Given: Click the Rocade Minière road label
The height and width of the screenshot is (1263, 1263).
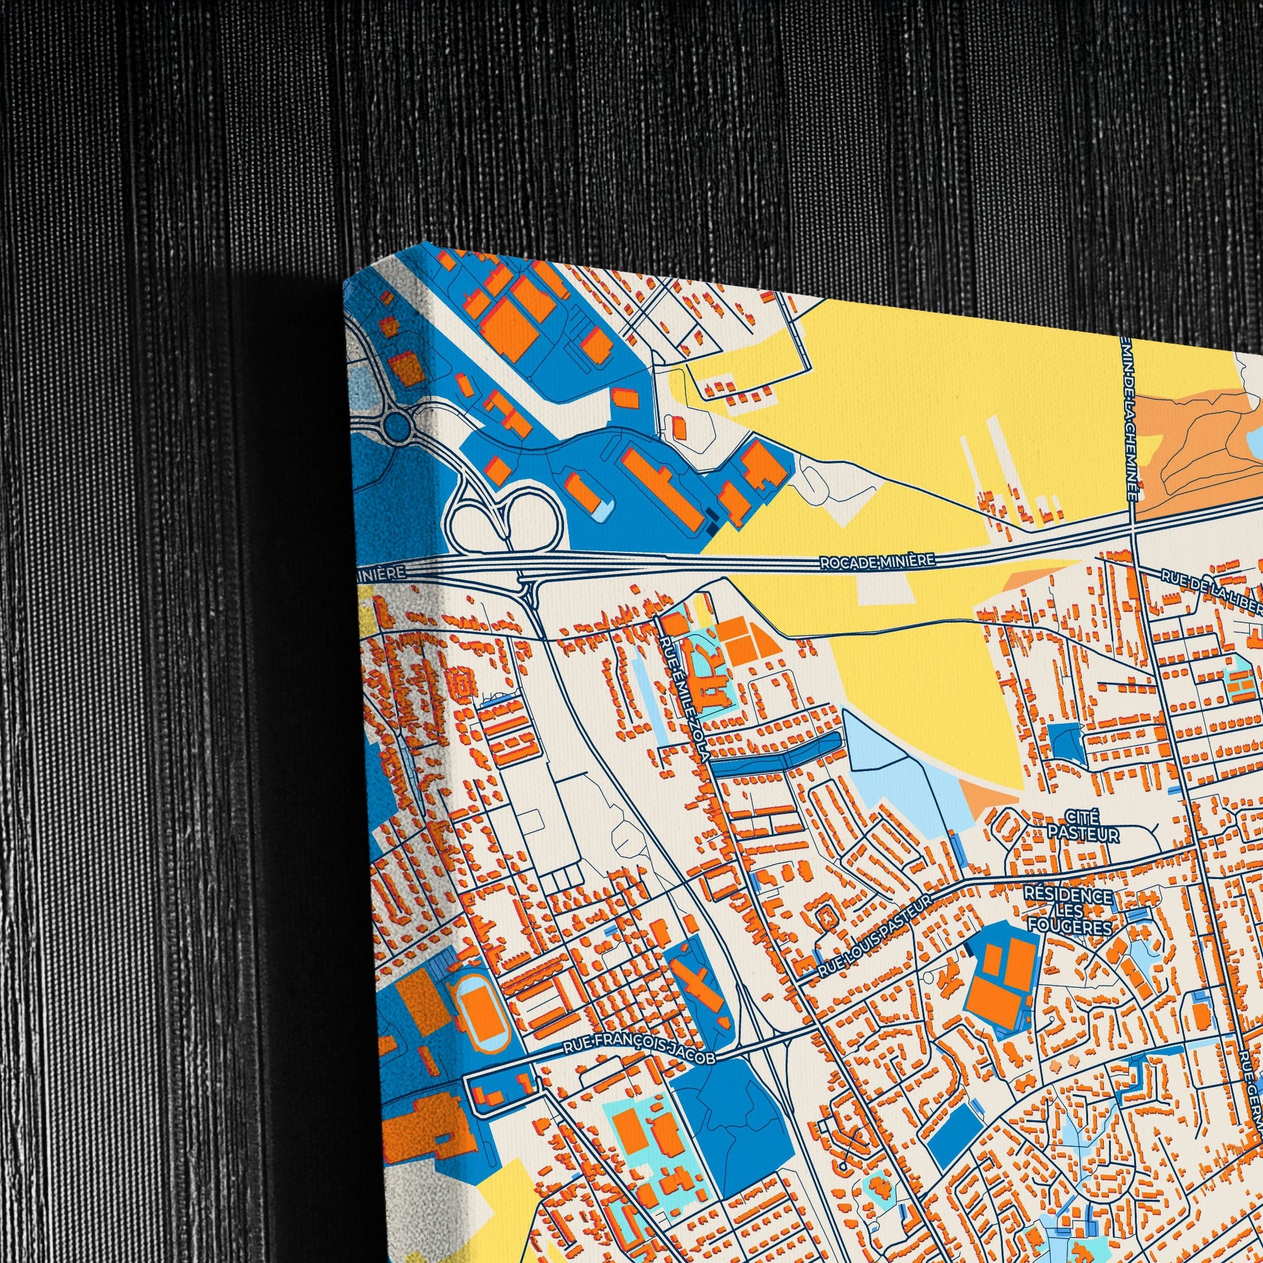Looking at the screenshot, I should coord(877,561).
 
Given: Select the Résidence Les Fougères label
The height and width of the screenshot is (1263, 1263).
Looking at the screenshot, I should coord(1068,911).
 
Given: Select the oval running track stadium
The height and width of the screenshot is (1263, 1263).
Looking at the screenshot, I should coord(481,1012).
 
